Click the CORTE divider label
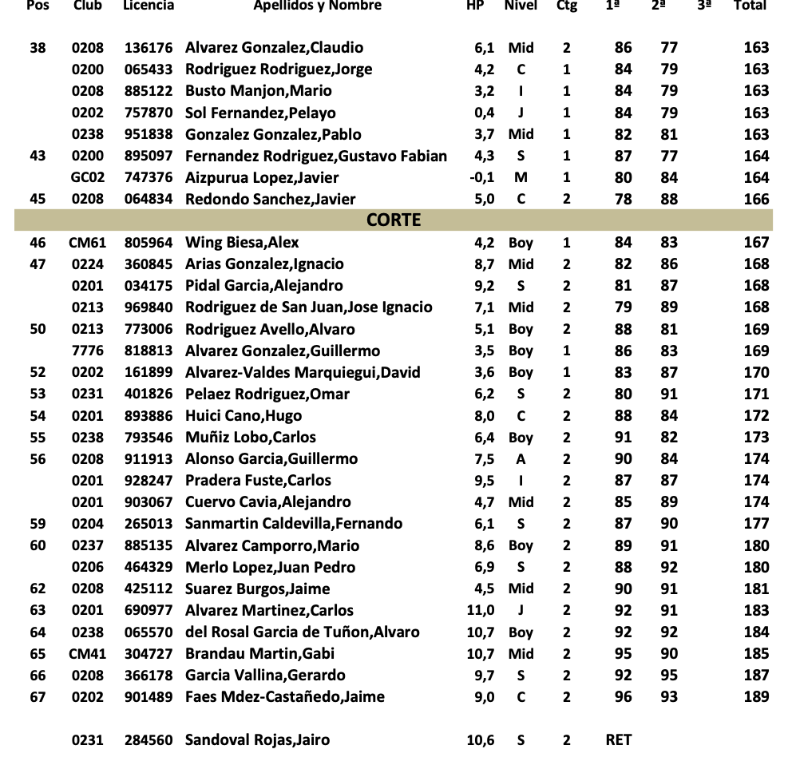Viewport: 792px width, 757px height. click(x=394, y=220)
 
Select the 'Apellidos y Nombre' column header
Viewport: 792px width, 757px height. click(x=317, y=6)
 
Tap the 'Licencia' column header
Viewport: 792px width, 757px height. click(x=148, y=6)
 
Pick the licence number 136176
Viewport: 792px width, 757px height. click(x=148, y=48)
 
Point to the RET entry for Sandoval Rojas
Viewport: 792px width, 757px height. click(x=619, y=739)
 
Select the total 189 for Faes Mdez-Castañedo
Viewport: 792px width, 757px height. click(x=756, y=697)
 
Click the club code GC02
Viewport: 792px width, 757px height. click(x=88, y=178)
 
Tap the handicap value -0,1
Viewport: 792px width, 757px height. click(x=483, y=178)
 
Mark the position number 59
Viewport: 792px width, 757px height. click(x=38, y=524)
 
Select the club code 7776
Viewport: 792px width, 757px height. click(x=88, y=351)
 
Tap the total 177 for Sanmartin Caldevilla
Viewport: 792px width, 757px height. click(x=756, y=524)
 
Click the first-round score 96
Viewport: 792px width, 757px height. click(x=623, y=697)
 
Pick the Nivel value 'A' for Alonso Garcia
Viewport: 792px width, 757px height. click(x=521, y=459)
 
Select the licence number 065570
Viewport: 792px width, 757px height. click(x=148, y=632)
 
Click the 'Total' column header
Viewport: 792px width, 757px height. click(x=750, y=6)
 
